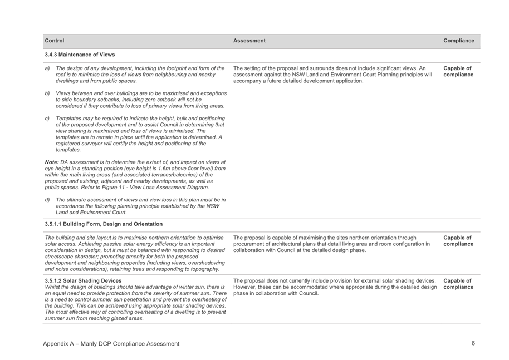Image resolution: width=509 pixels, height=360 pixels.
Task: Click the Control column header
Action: point(55,41)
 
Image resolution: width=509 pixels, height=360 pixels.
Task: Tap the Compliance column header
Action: point(459,41)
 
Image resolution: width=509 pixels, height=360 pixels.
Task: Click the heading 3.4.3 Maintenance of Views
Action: point(80,55)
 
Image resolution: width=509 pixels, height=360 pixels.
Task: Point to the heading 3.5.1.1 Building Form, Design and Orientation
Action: point(104,224)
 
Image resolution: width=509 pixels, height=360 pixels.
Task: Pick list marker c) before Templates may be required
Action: point(47,118)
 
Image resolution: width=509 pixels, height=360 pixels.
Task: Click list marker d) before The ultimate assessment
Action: point(47,199)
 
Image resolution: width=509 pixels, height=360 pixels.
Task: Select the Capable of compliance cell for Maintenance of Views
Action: point(458,72)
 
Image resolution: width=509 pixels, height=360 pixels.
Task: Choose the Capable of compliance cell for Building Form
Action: point(458,241)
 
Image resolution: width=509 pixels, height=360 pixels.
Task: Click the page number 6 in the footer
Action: point(473,343)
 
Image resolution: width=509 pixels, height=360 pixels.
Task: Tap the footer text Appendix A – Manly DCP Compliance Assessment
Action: point(111,344)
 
